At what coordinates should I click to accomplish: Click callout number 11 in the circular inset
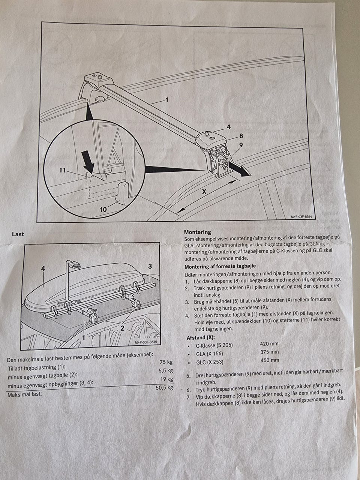tap(62, 170)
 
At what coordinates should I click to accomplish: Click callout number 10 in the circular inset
tap(103, 209)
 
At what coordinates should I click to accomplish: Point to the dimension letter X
tap(204, 191)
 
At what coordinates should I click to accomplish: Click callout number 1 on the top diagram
tap(167, 100)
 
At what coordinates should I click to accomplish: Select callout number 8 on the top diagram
tap(241, 136)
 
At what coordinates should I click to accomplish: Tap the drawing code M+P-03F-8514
tap(301, 217)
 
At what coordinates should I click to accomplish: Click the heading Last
tap(18, 234)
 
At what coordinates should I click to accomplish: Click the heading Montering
tap(198, 232)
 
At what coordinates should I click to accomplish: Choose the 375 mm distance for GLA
tap(270, 352)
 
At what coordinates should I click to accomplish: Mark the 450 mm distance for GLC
tap(270, 360)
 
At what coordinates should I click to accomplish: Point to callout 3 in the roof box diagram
tap(150, 266)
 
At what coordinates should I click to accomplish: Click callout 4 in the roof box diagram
tap(43, 268)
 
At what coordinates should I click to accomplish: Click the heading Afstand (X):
tap(201, 337)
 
